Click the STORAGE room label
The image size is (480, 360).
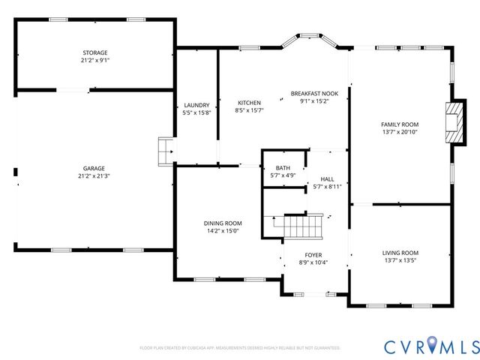click(x=94, y=52)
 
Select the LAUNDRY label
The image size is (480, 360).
click(x=196, y=105)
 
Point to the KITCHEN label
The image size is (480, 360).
click(x=249, y=103)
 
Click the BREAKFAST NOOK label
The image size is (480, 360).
click(x=314, y=94)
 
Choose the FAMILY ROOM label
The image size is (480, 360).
click(x=400, y=124)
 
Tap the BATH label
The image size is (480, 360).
click(x=283, y=168)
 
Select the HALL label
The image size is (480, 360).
click(x=327, y=179)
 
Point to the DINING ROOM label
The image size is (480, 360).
click(x=223, y=223)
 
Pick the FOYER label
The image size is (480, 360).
click(x=313, y=254)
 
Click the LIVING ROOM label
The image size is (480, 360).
click(x=400, y=253)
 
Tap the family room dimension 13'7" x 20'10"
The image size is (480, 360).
click(x=400, y=132)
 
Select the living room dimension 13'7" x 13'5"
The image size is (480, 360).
click(x=400, y=261)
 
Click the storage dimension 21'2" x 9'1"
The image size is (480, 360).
click(x=94, y=60)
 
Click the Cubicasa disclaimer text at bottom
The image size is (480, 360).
click(x=240, y=348)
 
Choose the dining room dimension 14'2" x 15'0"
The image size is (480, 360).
click(x=223, y=231)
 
